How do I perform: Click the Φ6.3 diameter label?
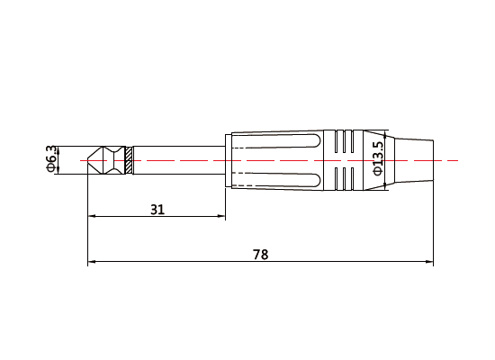point(51,159)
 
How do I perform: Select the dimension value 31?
point(157,209)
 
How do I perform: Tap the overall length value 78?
point(260,255)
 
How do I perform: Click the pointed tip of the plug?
point(90,160)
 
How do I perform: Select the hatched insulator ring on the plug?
point(130,160)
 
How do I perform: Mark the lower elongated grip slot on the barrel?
point(275,177)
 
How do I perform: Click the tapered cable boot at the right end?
point(411,160)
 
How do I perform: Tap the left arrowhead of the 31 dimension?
point(92,217)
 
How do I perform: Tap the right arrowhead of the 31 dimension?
point(221,217)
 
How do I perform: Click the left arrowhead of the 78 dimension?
point(92,264)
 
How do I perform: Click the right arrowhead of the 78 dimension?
point(429,264)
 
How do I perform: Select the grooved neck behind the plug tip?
point(114,160)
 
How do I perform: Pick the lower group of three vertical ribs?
point(344,178)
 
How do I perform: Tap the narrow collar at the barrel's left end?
point(229,160)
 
